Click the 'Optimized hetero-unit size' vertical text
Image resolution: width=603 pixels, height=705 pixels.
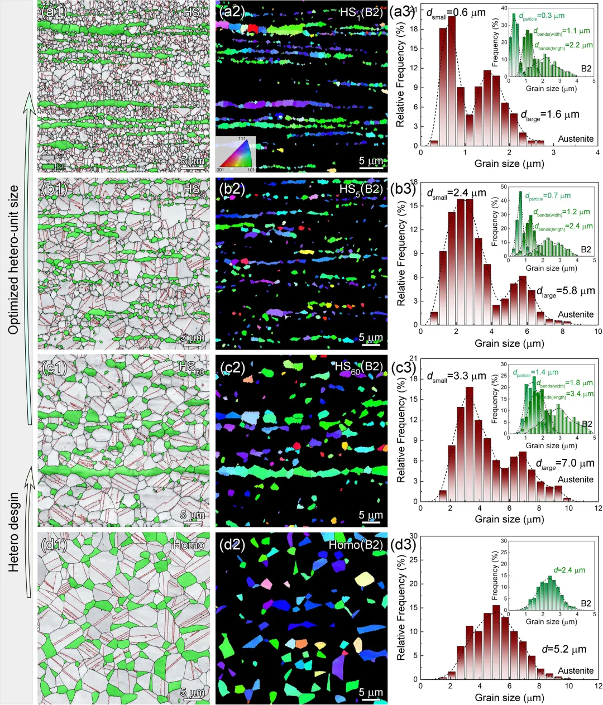[14, 260]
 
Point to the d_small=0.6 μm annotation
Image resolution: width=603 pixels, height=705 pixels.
[456, 13]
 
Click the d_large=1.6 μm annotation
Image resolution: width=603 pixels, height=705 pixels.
[550, 115]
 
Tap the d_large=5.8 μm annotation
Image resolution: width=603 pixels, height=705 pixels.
[566, 291]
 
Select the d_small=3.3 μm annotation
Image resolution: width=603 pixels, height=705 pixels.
[457, 376]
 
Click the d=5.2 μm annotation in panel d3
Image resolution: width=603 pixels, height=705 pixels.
[564, 649]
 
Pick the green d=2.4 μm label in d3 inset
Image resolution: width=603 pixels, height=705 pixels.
[569, 570]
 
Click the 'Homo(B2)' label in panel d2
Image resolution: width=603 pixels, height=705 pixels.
[356, 545]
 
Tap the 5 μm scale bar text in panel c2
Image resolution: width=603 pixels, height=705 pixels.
[371, 515]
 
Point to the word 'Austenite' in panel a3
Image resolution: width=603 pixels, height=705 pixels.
[576, 138]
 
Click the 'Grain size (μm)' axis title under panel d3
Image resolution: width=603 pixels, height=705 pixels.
[509, 698]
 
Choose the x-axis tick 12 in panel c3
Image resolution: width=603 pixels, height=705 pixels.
[598, 509]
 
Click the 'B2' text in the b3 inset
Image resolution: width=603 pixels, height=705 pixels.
[585, 249]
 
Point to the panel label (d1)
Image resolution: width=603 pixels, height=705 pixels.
[55, 545]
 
